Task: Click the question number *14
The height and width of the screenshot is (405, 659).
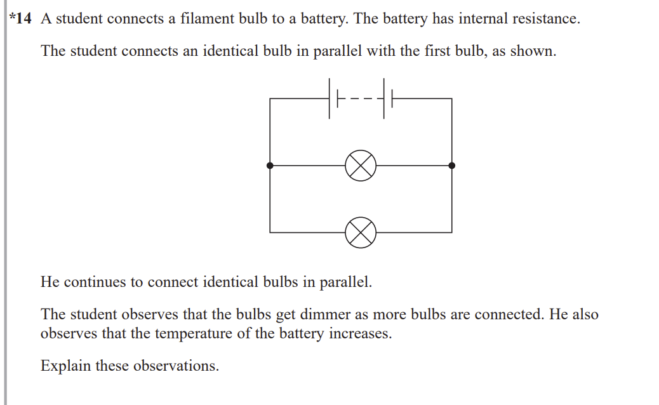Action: (x=22, y=19)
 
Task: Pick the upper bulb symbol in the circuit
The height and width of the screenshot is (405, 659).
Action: (x=361, y=166)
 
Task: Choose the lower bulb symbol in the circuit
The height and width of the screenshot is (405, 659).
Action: (x=361, y=232)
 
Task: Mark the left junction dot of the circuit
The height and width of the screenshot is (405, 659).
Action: (x=270, y=166)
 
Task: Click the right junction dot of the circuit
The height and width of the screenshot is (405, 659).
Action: (x=452, y=166)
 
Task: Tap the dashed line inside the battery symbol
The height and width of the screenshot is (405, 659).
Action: (x=359, y=99)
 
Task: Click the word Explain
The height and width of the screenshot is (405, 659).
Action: (x=66, y=366)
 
